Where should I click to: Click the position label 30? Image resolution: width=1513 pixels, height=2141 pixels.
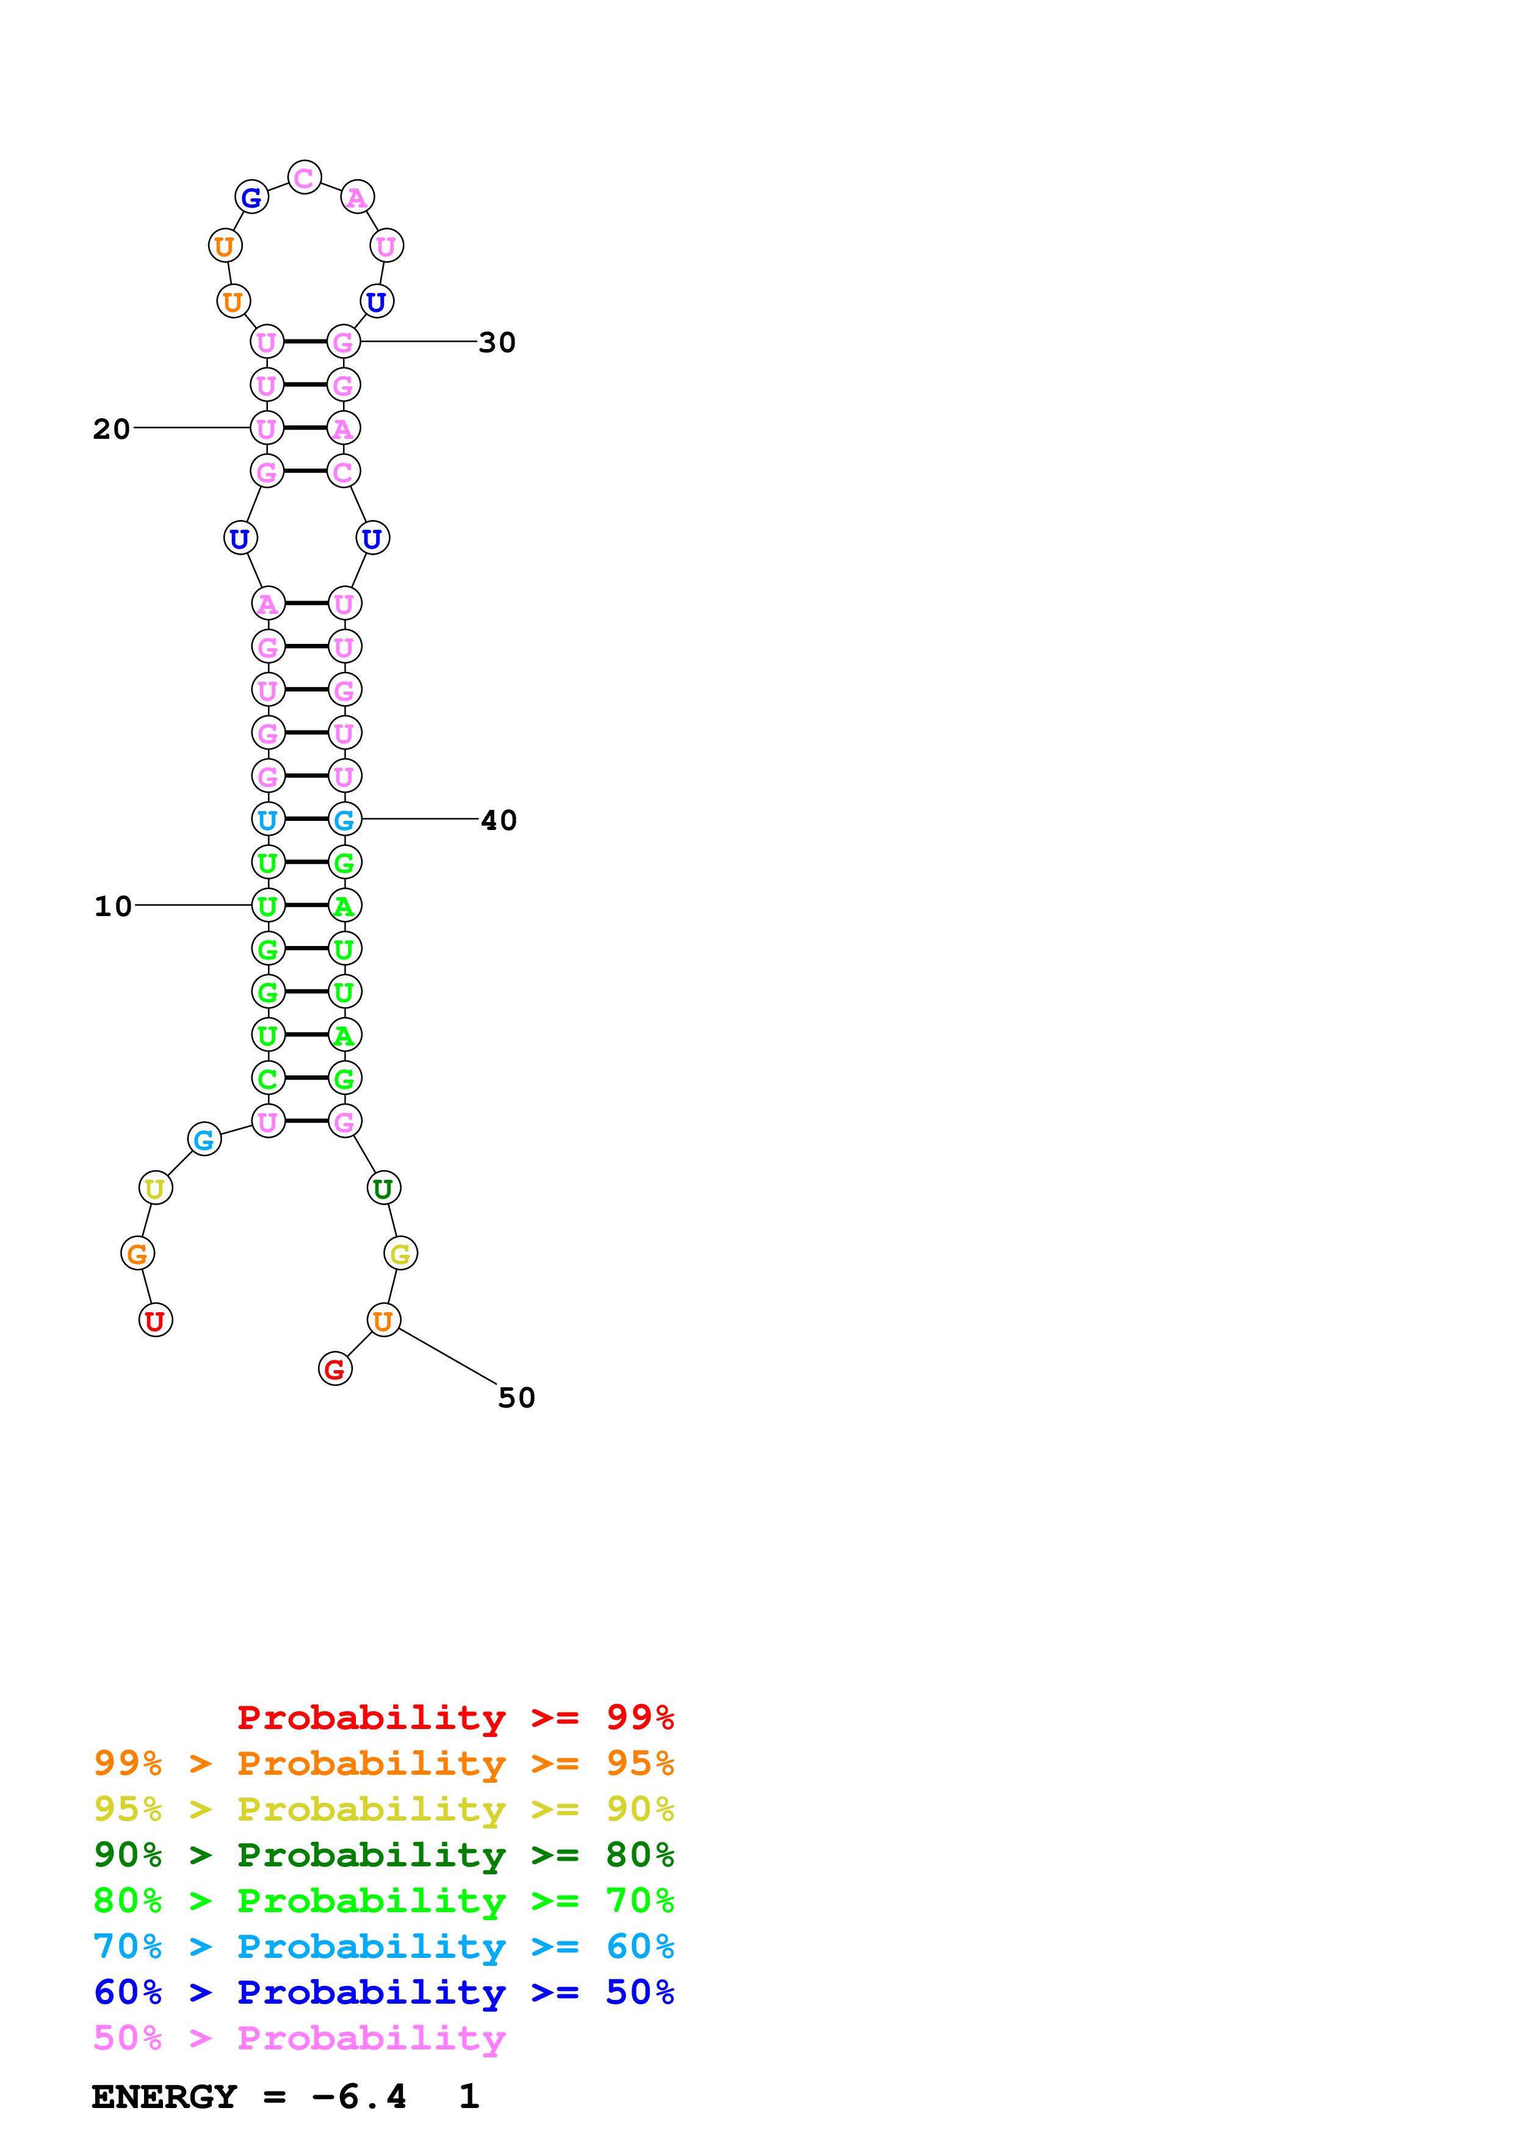pos(497,342)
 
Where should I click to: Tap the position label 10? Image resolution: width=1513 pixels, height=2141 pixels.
pos(113,906)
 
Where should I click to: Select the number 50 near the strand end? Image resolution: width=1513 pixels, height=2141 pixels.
pos(516,1397)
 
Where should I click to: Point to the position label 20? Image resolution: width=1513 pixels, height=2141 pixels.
pos(112,429)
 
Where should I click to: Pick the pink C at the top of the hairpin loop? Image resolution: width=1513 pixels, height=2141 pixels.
pos(305,177)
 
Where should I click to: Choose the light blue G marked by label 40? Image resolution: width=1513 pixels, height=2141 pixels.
pos(345,820)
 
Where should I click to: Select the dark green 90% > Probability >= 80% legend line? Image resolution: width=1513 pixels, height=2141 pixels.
pos(383,1855)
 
